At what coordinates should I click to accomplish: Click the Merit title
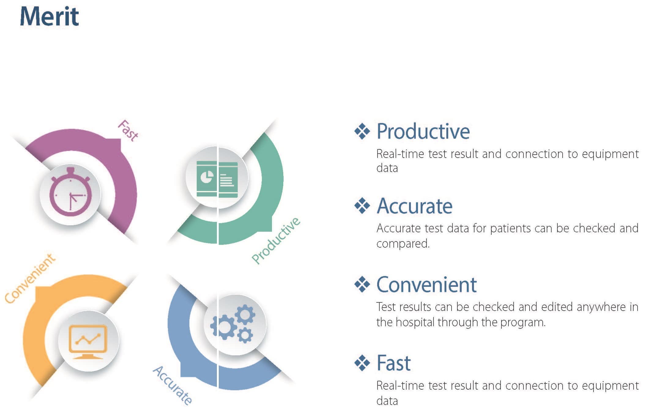pos(49,17)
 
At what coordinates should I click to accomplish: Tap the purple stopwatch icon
pos(70,193)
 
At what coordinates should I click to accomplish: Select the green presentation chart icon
pos(217,179)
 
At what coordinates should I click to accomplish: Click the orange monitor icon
pos(88,341)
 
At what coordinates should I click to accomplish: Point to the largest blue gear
pos(224,327)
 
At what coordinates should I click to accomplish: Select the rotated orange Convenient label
pos(30,278)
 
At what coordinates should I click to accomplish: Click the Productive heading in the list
pos(423,132)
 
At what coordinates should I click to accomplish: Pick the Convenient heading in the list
pos(426,285)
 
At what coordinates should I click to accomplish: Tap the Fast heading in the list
pos(393,363)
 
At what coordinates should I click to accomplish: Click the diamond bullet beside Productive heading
pos(362,131)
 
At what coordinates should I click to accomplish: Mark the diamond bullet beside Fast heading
pos(362,363)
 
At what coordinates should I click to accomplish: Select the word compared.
pos(403,244)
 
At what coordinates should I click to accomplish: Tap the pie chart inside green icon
pos(207,177)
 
